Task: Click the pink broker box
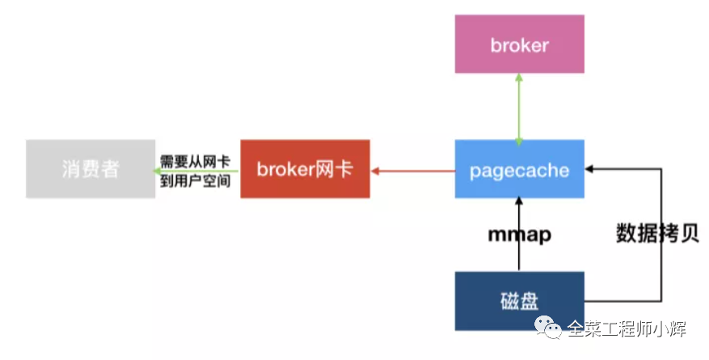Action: [x=520, y=44]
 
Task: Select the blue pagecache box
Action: [x=520, y=169]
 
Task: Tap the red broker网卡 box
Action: [x=306, y=169]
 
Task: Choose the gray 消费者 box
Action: [x=91, y=169]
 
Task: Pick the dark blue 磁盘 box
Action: [x=520, y=301]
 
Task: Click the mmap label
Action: [x=520, y=235]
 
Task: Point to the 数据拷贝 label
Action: [x=657, y=234]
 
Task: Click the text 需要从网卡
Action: [x=196, y=162]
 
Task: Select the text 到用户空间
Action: [x=196, y=181]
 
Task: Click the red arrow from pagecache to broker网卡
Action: [x=413, y=171]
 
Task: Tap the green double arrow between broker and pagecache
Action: [x=519, y=109]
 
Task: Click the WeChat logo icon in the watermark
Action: [x=548, y=327]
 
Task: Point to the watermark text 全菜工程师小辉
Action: [x=627, y=328]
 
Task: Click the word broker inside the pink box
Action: [x=520, y=45]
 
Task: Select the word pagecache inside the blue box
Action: [x=520, y=171]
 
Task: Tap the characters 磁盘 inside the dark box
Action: [x=520, y=301]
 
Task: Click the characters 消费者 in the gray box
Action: [x=91, y=169]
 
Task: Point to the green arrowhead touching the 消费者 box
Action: [x=158, y=171]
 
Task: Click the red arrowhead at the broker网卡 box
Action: [x=375, y=171]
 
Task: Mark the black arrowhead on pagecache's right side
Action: [x=589, y=169]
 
